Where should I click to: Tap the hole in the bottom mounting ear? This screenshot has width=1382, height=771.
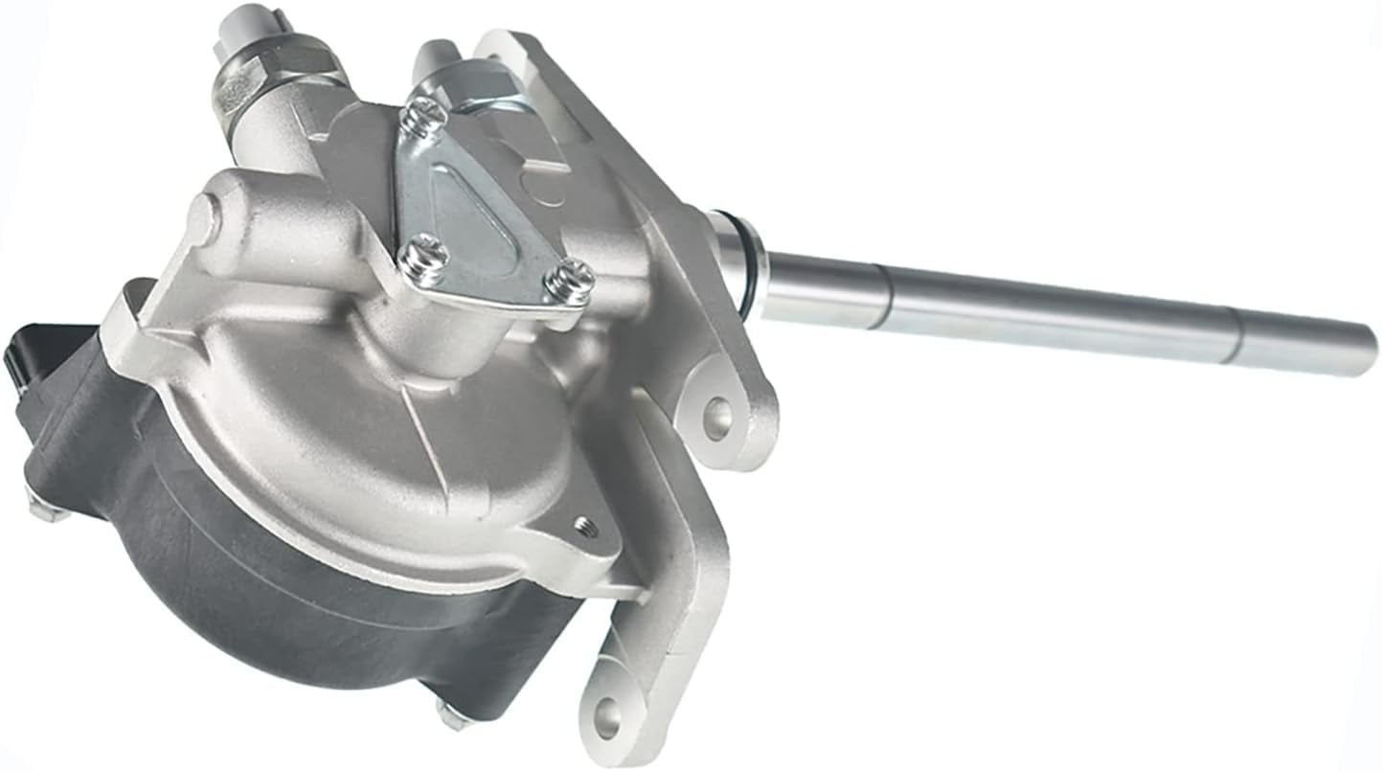click(606, 713)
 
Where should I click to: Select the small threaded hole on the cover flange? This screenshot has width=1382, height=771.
click(584, 526)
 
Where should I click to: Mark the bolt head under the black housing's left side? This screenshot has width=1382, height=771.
click(43, 508)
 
